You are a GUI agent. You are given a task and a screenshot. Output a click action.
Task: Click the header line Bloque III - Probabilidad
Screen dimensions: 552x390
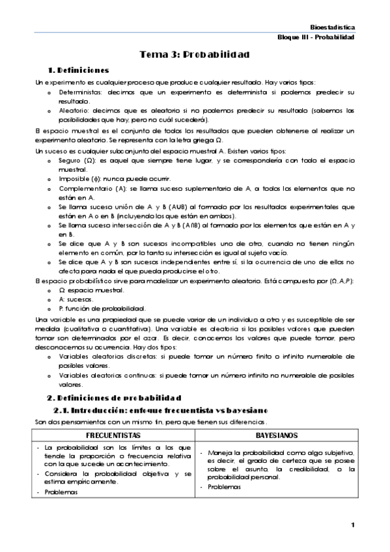click(315, 38)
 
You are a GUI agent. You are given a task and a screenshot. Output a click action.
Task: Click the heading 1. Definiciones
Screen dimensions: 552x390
click(78, 70)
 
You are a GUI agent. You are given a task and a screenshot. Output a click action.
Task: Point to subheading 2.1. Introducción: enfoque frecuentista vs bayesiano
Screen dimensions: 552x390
click(160, 409)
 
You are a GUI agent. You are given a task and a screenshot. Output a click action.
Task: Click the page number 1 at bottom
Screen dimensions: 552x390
click(352, 525)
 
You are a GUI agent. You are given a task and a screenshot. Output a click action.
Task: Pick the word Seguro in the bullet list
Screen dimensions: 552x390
click(70, 160)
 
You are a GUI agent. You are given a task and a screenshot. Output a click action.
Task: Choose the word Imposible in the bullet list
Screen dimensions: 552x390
click(74, 178)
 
